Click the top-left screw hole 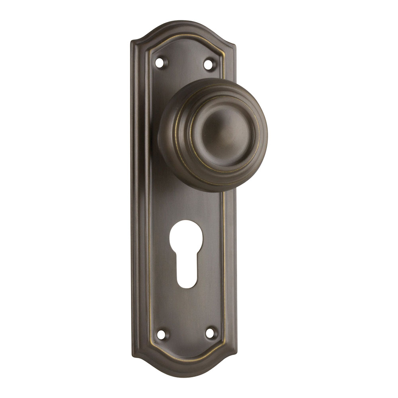tap(160, 62)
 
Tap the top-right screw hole tap(209, 64)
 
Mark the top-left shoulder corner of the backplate tap(134, 42)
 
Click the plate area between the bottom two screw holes tap(186, 334)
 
